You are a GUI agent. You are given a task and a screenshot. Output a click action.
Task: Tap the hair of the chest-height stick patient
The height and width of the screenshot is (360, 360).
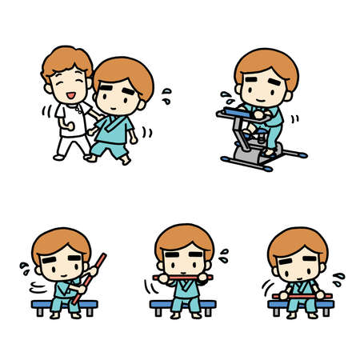coord(183,238)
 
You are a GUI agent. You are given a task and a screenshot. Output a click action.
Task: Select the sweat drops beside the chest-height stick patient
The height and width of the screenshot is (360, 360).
coord(224,256)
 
